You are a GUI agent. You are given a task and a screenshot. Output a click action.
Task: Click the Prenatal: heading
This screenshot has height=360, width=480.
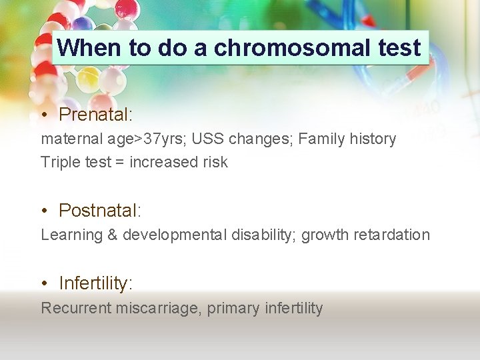click(96, 115)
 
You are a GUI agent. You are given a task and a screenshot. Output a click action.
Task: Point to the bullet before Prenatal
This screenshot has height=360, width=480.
click(43, 115)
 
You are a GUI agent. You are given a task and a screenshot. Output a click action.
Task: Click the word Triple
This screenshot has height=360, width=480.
click(59, 162)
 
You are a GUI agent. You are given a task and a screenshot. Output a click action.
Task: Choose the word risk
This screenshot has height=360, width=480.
click(213, 162)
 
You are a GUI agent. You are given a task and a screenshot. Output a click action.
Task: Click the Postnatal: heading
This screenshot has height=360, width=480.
click(100, 211)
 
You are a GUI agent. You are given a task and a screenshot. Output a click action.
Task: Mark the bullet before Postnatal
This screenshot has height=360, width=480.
click(43, 211)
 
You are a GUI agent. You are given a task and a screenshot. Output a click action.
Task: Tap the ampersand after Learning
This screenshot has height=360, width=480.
click(112, 235)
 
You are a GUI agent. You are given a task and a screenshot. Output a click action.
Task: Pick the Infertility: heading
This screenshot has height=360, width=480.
click(96, 283)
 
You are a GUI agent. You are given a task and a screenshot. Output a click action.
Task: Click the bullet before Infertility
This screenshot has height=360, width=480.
click(43, 284)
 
